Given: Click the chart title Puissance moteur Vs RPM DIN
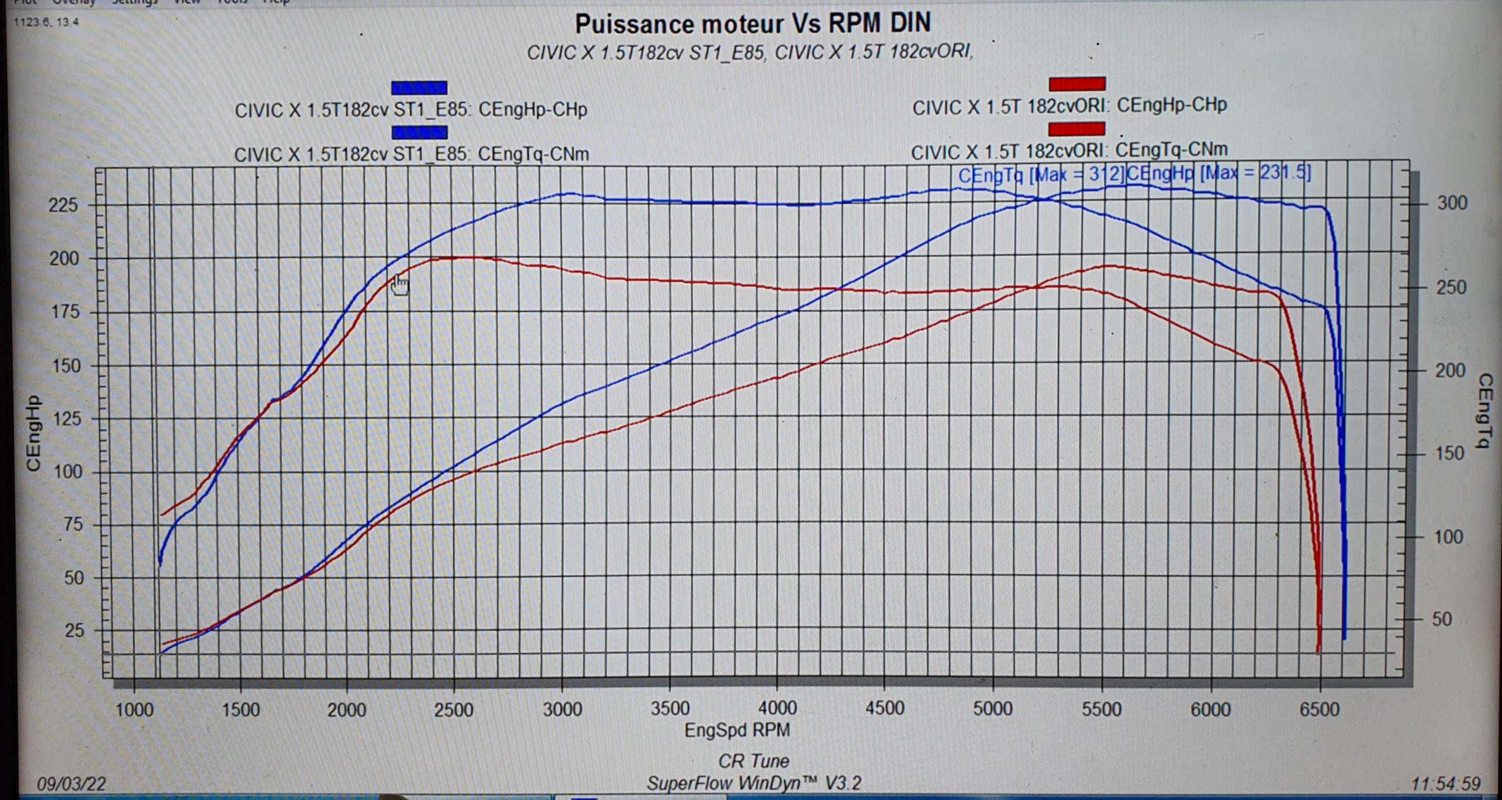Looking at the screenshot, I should (x=752, y=24).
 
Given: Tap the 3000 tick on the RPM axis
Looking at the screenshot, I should (x=562, y=709).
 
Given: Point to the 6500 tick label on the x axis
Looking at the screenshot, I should (x=1320, y=709).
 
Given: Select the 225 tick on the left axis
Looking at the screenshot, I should (x=63, y=205).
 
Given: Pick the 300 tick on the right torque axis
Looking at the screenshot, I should (x=1452, y=203).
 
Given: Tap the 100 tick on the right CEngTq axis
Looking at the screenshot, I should (x=1448, y=537).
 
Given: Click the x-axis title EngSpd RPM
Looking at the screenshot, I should (x=737, y=730).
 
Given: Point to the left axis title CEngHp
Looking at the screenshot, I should (x=33, y=433).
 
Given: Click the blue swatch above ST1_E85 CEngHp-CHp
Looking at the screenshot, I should (x=419, y=88).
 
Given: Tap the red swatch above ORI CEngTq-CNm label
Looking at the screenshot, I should (x=1077, y=129).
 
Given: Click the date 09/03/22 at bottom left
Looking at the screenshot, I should (x=72, y=784).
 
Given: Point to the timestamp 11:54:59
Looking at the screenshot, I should (x=1446, y=784).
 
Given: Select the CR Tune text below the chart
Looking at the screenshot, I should (x=753, y=761).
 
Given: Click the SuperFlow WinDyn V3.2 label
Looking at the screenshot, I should (x=753, y=784).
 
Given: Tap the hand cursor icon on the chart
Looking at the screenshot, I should (x=400, y=286).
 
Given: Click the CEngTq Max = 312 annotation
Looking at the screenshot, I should (x=1041, y=174).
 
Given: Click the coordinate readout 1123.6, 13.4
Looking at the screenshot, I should (x=46, y=22).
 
